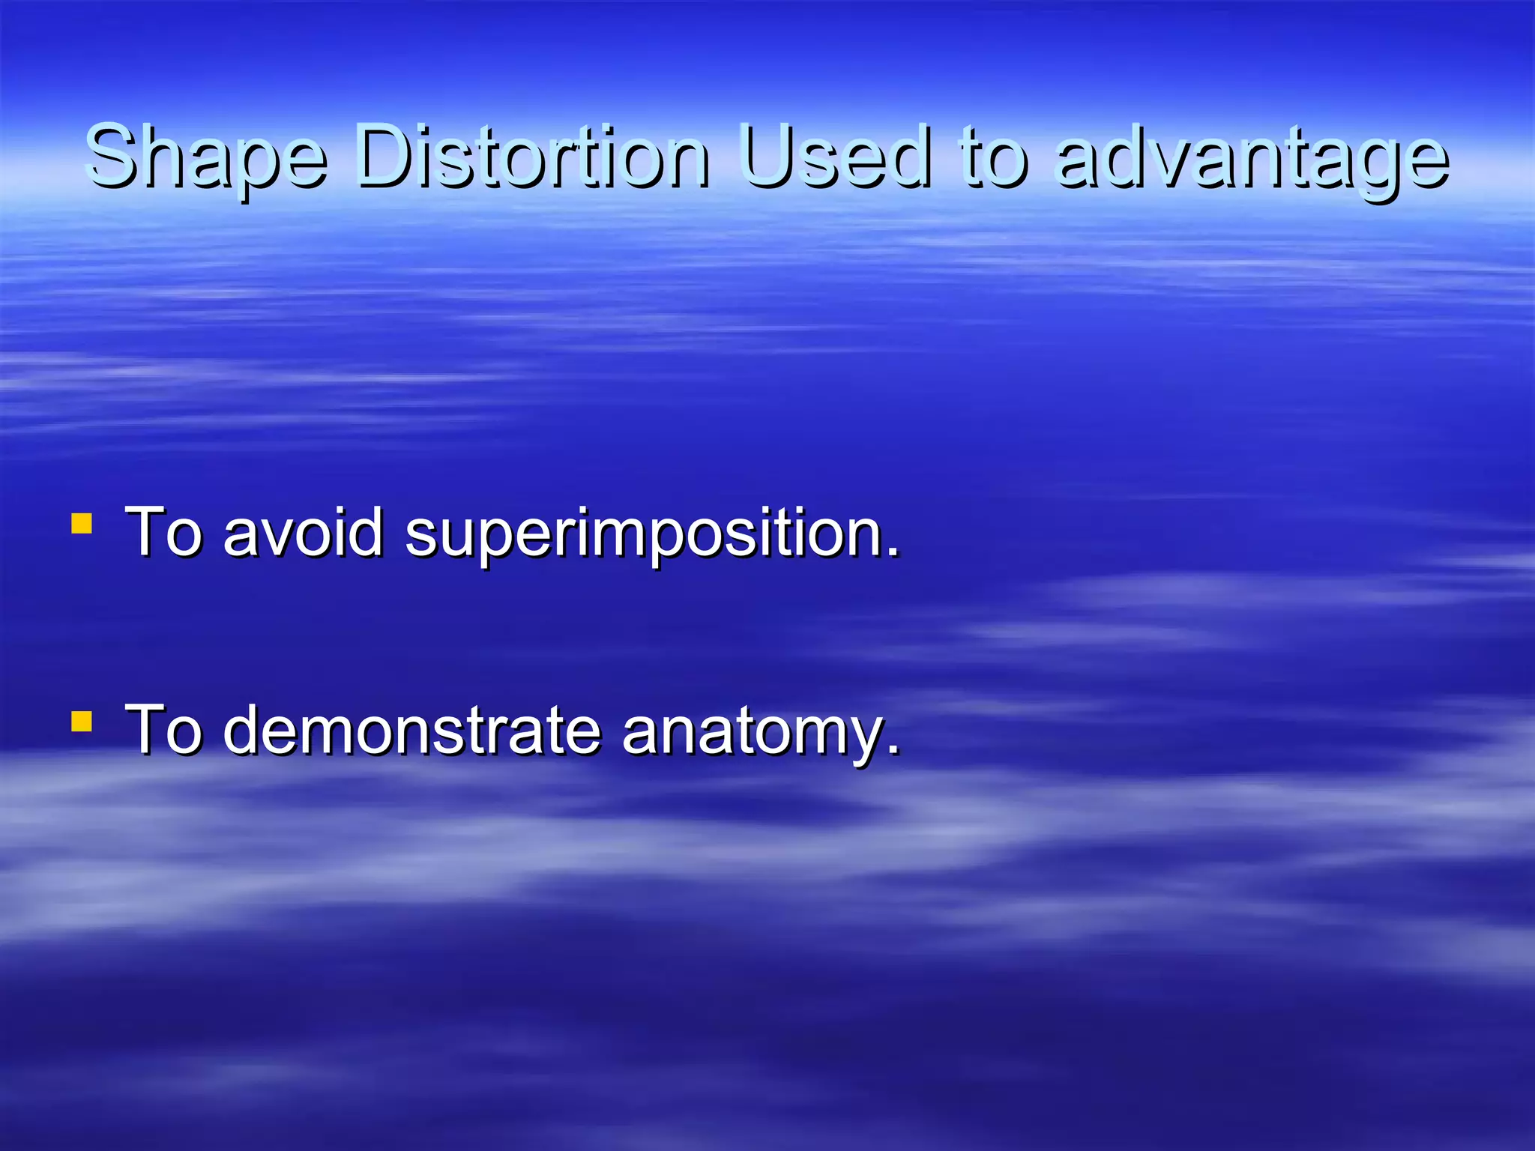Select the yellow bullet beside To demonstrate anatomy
tap(82, 722)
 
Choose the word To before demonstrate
tap(164, 730)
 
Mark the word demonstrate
tap(412, 730)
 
